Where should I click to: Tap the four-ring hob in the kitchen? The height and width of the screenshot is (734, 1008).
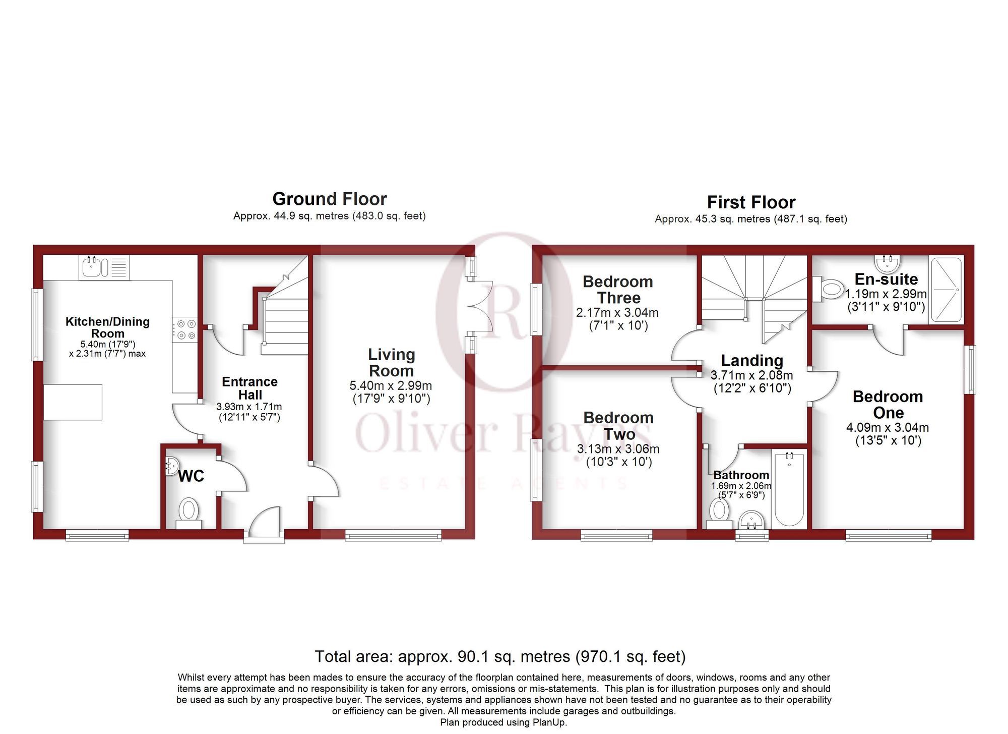[x=185, y=329]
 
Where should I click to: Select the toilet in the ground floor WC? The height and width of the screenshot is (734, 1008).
[x=189, y=511]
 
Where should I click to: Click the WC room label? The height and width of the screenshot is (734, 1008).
[x=191, y=476]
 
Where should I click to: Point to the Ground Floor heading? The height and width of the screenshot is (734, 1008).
[x=329, y=199]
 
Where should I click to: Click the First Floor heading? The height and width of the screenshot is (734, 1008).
[x=750, y=202]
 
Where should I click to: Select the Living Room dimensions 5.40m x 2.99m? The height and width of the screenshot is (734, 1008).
[x=391, y=386]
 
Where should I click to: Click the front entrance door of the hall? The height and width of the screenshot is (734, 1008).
[x=264, y=525]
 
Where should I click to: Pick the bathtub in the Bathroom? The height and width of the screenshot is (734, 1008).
[x=789, y=489]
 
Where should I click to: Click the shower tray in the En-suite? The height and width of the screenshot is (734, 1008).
[x=946, y=290]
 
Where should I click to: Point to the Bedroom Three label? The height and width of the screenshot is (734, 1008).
[x=618, y=290]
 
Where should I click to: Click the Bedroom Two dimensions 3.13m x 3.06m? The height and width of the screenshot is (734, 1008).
[x=618, y=449]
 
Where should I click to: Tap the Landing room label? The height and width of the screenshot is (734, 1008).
[x=751, y=360]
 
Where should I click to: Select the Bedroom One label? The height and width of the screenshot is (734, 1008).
[x=888, y=405]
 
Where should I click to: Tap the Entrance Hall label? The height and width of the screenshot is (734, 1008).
[x=249, y=388]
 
